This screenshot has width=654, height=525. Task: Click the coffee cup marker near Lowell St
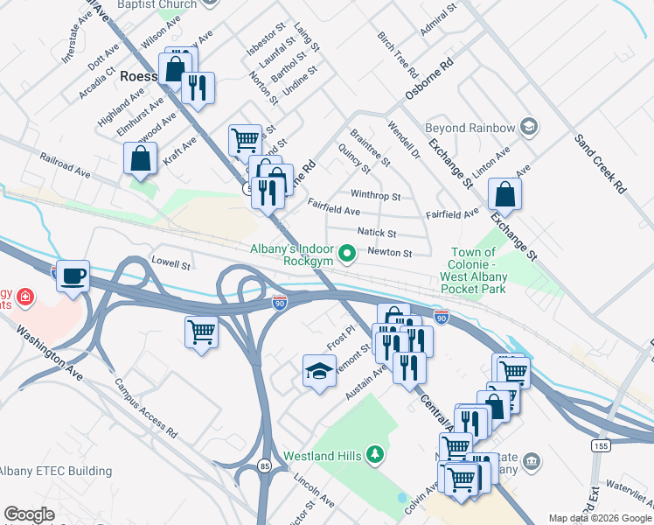click(74, 275)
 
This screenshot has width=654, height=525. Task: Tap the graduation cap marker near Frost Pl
click(319, 371)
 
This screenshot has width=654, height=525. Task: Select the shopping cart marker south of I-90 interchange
click(201, 332)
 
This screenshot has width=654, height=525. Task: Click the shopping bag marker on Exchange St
click(504, 193)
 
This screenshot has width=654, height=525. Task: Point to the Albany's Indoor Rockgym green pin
click(348, 255)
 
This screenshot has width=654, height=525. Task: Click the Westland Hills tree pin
click(375, 453)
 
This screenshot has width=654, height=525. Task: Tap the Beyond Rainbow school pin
click(527, 128)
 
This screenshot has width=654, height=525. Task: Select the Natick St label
click(377, 234)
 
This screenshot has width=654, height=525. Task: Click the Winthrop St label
click(375, 196)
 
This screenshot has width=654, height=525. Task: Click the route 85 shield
click(264, 466)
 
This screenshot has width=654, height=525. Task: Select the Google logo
click(29, 514)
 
